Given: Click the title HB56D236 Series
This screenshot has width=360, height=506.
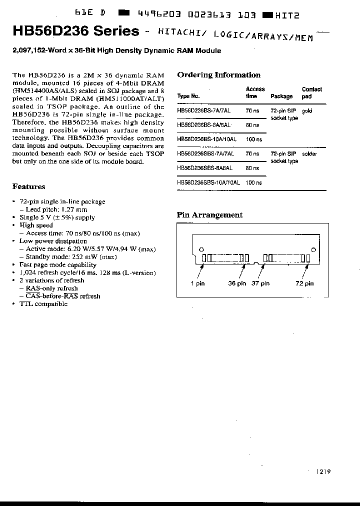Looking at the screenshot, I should click(x=75, y=31).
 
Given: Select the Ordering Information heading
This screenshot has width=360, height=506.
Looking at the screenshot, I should click(x=218, y=75).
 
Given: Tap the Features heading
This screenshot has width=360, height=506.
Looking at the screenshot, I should click(x=28, y=186).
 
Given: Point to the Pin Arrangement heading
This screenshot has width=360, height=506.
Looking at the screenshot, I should click(x=209, y=215).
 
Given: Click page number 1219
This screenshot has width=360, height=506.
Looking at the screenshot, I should click(x=323, y=471).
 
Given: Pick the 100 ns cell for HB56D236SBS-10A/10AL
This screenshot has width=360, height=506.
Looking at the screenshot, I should click(x=253, y=183).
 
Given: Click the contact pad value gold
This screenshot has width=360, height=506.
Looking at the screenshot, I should click(x=306, y=111).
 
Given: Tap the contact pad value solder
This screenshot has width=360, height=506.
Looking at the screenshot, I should click(x=309, y=154).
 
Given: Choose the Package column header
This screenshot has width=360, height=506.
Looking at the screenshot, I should click(x=281, y=96).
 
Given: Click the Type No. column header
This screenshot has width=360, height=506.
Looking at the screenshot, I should click(x=188, y=96).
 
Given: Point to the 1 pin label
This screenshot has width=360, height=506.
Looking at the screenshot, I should click(x=197, y=283).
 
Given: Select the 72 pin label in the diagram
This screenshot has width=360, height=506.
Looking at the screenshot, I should click(x=304, y=283).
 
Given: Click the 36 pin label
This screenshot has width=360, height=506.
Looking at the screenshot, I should click(x=237, y=283).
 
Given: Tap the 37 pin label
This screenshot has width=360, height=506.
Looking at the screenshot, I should click(x=260, y=283).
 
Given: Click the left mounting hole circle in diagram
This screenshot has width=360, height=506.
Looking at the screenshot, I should click(x=201, y=249).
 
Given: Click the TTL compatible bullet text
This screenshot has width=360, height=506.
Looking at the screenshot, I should click(x=43, y=304).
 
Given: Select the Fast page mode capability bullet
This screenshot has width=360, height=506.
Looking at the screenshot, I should click(x=57, y=265).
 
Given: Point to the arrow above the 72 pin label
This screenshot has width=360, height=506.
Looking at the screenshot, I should click(x=305, y=272).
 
